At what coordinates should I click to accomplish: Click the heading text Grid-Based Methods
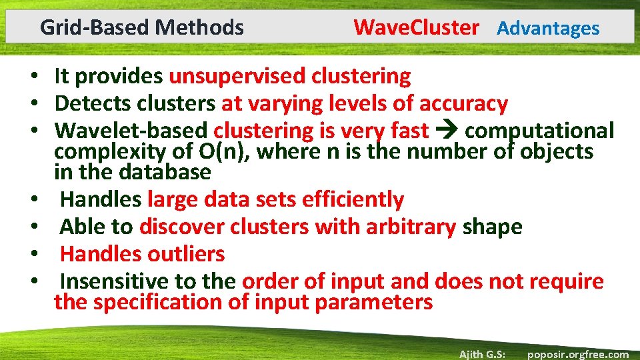pos(141,27)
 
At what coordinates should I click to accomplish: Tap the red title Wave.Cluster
pos(416,27)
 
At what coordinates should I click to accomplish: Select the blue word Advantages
pos(548,28)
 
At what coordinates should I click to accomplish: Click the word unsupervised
pos(237,77)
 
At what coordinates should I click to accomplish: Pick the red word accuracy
pos(463,104)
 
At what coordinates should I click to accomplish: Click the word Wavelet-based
pos(131,131)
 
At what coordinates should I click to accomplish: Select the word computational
pos(539,131)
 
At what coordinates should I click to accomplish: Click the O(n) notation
pos(225,152)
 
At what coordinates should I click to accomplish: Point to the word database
pos(165,172)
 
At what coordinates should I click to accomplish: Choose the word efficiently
pos(353,199)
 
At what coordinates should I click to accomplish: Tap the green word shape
pos(493,227)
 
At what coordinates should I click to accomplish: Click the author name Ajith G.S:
pos(482,354)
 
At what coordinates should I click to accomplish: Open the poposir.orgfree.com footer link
pos(577,354)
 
